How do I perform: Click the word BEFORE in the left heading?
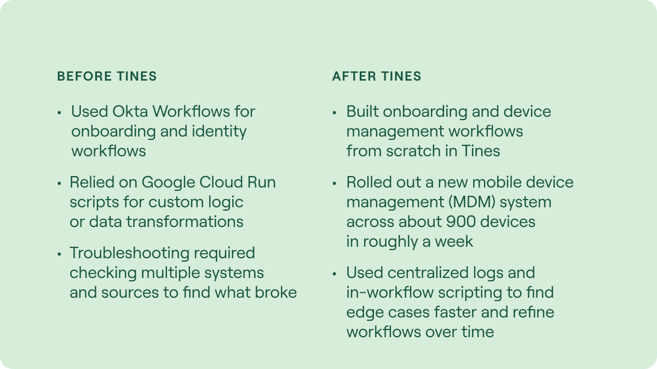point(84,76)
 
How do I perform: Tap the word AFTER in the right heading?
point(354,76)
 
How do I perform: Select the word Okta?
point(130,111)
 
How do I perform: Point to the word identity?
point(219,132)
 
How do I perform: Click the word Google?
point(169,183)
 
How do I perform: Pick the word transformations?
point(185,222)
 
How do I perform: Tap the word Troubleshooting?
point(129,253)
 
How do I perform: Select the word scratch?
point(413,151)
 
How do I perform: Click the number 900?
point(461,222)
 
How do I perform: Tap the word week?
point(454,241)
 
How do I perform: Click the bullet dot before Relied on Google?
point(59,184)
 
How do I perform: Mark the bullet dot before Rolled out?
point(335,184)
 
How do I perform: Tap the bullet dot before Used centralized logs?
point(335,274)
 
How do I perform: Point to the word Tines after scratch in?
point(481,151)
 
